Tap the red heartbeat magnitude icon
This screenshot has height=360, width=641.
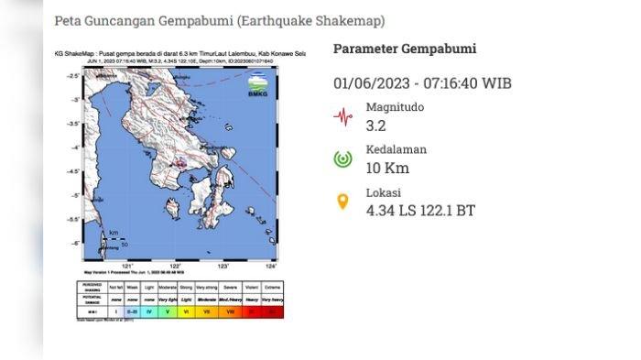coord(342,116)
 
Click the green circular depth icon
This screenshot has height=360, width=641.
coord(342,158)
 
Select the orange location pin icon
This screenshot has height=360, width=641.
coord(342,201)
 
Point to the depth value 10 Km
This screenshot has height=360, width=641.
coord(386,168)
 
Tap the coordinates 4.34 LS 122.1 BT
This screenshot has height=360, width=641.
coord(420,210)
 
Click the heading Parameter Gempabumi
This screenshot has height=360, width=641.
coord(404,49)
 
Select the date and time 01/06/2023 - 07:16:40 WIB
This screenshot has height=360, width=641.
coord(422,83)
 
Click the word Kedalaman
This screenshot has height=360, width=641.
coord(396,150)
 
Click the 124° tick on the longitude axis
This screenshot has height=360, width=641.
coord(270,266)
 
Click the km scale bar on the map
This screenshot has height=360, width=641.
coord(115,240)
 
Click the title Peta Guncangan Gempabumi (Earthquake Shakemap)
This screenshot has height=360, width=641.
coord(220,20)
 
